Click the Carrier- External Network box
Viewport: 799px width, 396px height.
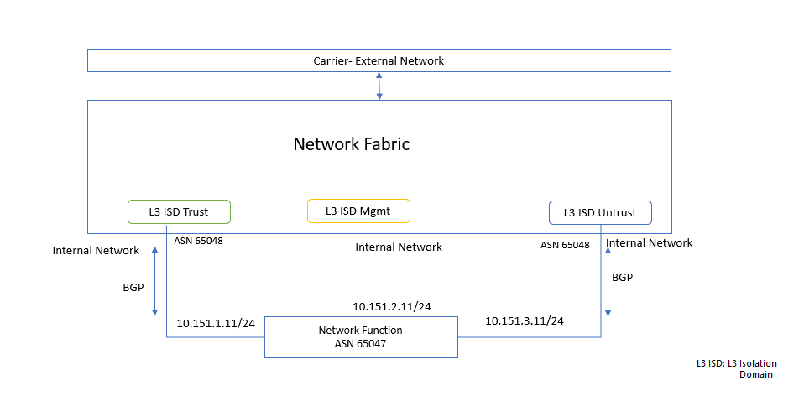379,60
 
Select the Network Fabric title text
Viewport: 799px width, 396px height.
352,144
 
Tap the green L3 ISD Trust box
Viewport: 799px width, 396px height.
178,212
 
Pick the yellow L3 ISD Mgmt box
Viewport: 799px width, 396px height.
358,211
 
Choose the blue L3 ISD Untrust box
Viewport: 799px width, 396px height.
599,213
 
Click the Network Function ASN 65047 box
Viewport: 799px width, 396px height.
361,336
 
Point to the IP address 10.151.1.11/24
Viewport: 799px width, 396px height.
216,323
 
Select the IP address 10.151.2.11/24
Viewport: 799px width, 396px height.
392,307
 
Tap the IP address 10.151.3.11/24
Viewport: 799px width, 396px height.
525,320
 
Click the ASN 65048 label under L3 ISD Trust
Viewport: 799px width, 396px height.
198,241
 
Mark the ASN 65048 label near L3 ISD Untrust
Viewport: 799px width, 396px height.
565,245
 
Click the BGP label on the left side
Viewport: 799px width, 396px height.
133,286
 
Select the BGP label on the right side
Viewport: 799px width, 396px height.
622,276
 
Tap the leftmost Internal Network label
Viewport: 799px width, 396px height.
96,250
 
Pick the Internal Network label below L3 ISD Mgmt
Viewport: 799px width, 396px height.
399,247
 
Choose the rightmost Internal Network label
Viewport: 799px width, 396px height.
649,242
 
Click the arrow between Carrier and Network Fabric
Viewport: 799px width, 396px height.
379,86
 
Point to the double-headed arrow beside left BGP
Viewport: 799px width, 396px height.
154,281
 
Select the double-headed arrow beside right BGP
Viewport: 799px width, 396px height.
608,282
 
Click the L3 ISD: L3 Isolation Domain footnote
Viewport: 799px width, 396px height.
736,368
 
